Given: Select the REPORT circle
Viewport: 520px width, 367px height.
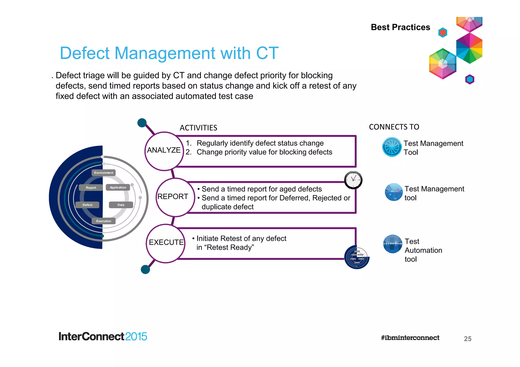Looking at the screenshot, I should [175, 197].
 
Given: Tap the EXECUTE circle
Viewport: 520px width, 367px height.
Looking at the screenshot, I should [166, 243].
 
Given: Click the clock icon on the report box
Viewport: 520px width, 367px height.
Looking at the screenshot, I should [353, 180].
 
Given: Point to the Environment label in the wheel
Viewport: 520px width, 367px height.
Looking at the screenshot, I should [104, 173].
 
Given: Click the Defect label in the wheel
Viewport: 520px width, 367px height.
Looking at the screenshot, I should [87, 205].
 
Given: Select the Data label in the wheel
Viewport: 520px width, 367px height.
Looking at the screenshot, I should [121, 205].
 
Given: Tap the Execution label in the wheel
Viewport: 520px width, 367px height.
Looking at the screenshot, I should [104, 221].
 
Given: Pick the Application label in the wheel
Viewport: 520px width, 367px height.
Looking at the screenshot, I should [118, 187].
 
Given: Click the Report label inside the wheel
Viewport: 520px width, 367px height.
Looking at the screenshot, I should [91, 188].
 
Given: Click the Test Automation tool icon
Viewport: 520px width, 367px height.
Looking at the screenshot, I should [393, 244].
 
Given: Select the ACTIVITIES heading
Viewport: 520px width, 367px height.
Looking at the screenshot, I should [198, 128].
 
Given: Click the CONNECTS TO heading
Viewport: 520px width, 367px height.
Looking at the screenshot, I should [394, 127].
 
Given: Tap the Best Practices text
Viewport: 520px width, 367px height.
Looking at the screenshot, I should [400, 27].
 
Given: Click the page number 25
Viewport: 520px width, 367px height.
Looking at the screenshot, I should [467, 339].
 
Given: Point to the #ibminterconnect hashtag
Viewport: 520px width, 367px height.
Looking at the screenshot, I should [410, 338].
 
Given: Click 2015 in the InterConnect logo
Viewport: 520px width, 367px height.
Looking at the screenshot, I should [136, 337].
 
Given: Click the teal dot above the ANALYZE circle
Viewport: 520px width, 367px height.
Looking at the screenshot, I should [142, 123].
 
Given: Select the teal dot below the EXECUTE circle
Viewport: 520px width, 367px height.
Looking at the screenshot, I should [145, 269].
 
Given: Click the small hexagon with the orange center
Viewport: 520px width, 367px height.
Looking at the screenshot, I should [443, 32].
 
